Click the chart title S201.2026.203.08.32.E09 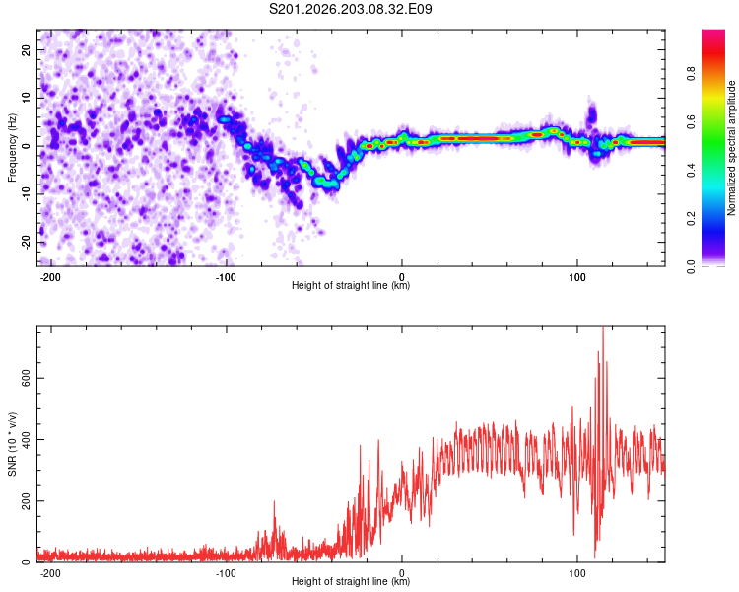pos(350,9)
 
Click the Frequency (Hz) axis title pos(12,148)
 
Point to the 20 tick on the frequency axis pos(26,49)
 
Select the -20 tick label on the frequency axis pos(26,243)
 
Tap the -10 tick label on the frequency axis pos(26,194)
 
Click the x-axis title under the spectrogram pos(351,285)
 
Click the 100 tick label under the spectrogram pos(576,277)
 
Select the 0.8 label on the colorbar pos(691,74)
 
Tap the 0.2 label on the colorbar pos(691,219)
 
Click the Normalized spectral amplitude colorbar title pos(731,148)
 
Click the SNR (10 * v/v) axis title pos(12,444)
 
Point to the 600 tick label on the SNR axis pos(26,378)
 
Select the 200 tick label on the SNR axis pos(26,501)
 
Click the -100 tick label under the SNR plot pos(226,573)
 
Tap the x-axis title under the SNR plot pos(351,581)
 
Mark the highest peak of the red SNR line pos(603,328)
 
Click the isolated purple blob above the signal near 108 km pos(591,113)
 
